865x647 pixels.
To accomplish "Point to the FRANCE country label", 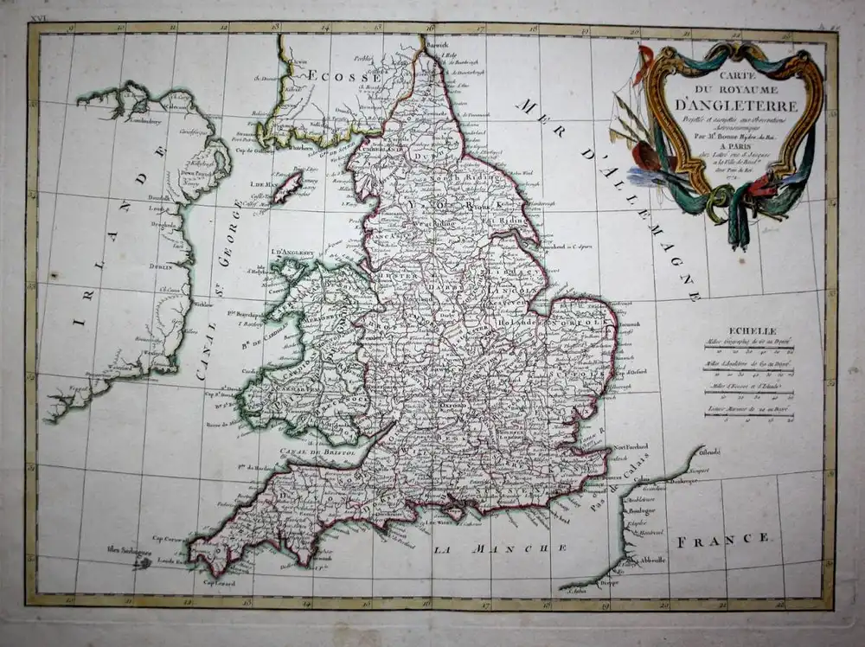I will point(724,541).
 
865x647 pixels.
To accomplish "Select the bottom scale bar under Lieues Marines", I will point(749,415).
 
